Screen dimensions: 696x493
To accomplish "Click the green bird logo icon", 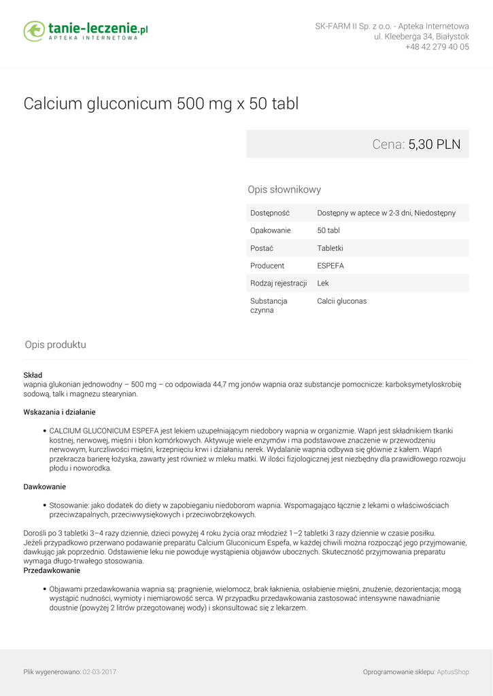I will point(34,31).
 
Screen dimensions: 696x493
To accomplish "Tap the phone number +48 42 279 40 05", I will point(437,47).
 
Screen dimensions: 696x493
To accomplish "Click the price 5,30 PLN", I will point(434,144).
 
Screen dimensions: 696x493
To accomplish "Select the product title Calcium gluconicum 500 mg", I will point(160,104).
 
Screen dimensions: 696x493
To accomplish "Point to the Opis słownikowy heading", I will point(284,190).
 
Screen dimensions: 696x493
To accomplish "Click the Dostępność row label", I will point(270,213).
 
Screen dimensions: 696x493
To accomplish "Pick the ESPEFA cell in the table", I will point(330,266).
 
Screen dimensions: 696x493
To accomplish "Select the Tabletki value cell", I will point(330,248).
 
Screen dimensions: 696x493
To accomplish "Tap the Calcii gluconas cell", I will point(341,301).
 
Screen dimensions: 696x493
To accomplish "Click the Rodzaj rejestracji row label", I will point(278,283).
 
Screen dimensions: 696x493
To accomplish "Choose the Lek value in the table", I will point(323,283).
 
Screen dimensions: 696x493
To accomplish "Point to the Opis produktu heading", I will point(55,345).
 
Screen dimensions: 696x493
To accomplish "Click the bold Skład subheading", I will point(33,375).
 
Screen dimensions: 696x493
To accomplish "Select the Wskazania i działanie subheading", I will point(59,412).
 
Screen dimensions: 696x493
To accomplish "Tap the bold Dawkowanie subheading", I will point(44,487).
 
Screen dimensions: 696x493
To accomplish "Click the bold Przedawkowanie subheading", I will point(52,571).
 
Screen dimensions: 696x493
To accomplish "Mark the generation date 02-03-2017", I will point(99,672).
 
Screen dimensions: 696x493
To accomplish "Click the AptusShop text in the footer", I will point(452,672).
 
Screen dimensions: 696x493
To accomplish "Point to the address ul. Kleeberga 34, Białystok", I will point(421,36).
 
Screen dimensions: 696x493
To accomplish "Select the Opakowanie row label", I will point(270,230).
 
